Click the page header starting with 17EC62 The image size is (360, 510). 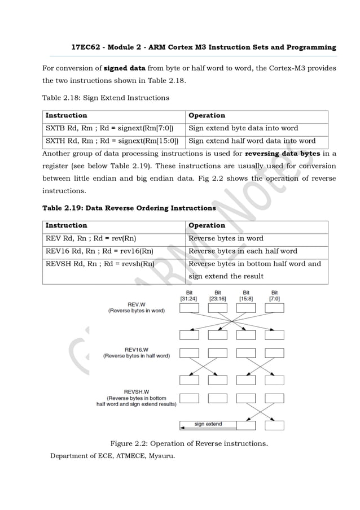click(x=203, y=47)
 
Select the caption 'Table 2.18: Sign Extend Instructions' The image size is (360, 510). click(x=106, y=98)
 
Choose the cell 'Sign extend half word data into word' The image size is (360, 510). click(x=252, y=141)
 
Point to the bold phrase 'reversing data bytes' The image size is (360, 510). click(x=283, y=154)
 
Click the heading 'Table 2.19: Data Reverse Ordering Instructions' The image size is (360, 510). click(x=129, y=208)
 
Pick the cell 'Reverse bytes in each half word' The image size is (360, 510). click(x=243, y=251)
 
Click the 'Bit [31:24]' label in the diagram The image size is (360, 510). click(x=188, y=295)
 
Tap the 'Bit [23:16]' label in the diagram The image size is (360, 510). click(x=217, y=295)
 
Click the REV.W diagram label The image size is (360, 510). click(x=137, y=307)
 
